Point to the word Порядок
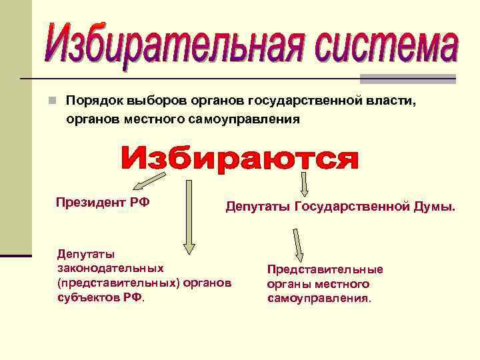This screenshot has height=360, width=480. [x=91, y=101]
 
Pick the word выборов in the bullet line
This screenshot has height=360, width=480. [x=155, y=101]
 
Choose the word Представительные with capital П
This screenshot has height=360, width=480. [x=325, y=269]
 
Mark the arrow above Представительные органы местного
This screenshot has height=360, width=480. [x=298, y=245]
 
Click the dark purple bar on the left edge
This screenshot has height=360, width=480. [x=15, y=255]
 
